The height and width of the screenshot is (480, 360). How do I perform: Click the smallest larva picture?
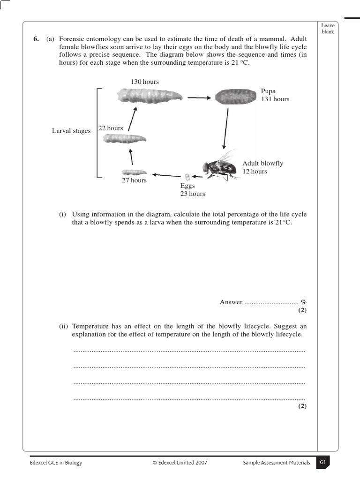click(134, 172)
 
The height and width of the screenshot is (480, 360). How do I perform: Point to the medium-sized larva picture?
click(124, 138)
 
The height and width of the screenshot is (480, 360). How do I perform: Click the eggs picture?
click(187, 177)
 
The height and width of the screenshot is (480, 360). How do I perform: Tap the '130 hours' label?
click(145, 82)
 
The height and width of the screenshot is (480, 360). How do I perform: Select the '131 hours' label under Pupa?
click(275, 99)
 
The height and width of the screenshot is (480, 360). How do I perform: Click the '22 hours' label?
click(111, 128)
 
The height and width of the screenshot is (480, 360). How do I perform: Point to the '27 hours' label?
click(134, 180)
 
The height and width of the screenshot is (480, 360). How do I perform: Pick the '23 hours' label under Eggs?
click(193, 194)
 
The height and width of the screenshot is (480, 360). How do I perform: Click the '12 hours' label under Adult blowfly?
click(255, 171)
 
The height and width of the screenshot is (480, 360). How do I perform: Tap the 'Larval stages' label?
click(71, 131)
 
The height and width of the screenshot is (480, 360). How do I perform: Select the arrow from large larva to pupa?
click(199, 97)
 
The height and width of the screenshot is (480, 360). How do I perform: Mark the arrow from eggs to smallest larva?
click(164, 175)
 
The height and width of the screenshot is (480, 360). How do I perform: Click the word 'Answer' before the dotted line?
click(231, 302)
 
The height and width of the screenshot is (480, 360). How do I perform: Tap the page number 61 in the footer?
click(322, 462)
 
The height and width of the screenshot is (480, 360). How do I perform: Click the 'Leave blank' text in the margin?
click(328, 29)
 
